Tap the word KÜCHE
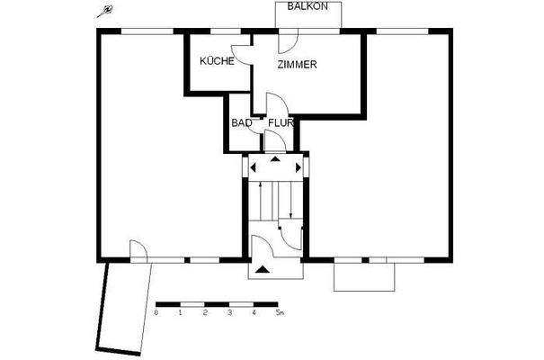(x=217, y=61)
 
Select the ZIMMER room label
(x=297, y=65)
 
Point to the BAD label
(x=241, y=122)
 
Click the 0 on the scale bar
(x=156, y=313)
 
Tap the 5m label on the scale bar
(x=280, y=313)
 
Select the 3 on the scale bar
(x=230, y=313)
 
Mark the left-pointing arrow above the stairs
(x=254, y=167)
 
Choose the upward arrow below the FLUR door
(x=275, y=159)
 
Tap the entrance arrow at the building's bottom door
(x=262, y=268)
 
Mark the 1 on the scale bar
(x=181, y=313)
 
